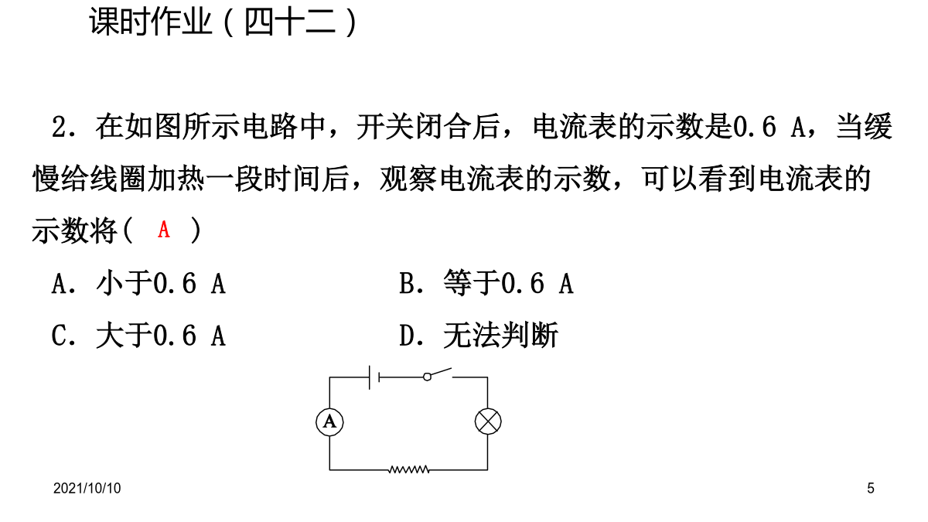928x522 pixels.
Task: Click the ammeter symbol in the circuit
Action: [329, 422]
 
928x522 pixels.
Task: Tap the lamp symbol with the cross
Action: [488, 421]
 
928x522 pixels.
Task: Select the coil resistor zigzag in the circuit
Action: [409, 469]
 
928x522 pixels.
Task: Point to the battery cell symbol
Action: [374, 377]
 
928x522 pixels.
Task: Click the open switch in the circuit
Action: [438, 374]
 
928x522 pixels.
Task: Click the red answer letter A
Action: [164, 230]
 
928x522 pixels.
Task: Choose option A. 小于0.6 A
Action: [138, 283]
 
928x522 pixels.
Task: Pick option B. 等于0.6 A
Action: [486, 283]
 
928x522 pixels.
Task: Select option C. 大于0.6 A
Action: [138, 335]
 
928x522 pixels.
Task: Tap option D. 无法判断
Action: [479, 335]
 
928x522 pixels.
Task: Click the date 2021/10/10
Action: [87, 489]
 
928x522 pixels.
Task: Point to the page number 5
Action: [871, 489]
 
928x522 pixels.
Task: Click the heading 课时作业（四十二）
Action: [223, 22]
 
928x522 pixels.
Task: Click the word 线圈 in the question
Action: [119, 179]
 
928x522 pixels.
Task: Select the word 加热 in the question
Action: [176, 179]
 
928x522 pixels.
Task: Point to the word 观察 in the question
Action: [408, 179]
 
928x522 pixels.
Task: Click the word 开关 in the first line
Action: [385, 126]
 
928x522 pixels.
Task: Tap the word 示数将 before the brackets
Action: [75, 230]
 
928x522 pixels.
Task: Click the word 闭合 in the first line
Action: [442, 126]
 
